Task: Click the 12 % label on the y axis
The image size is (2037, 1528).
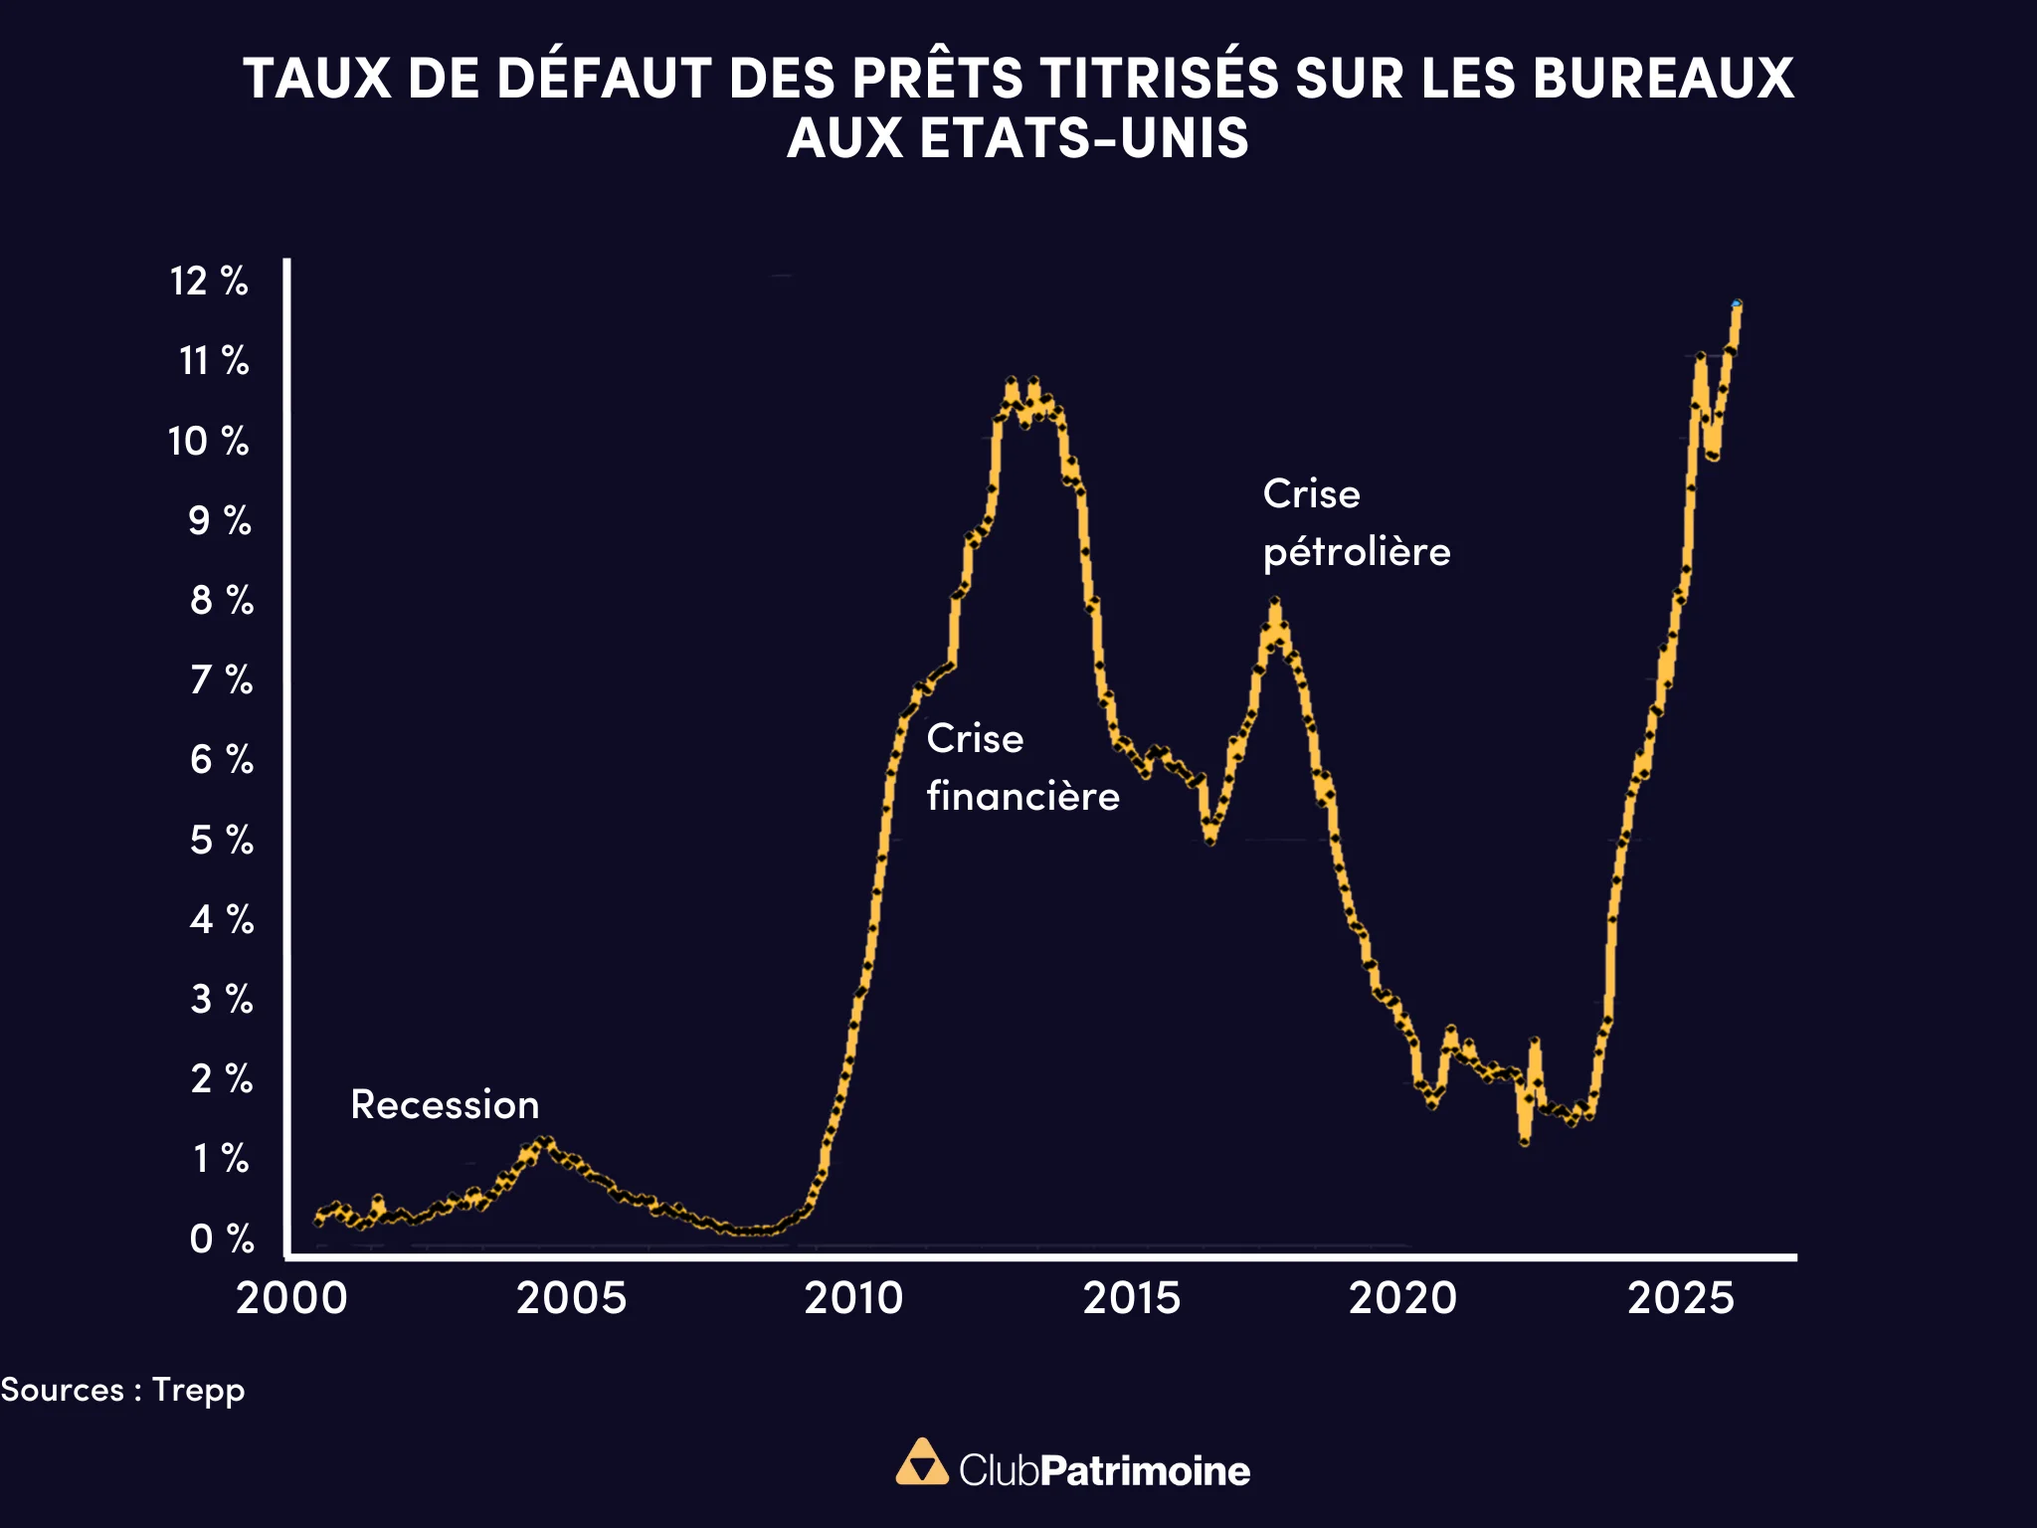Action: coord(209,282)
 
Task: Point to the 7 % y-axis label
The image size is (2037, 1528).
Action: coord(221,680)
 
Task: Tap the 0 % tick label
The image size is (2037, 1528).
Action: coord(221,1240)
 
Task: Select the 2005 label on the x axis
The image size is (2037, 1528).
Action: coord(571,1298)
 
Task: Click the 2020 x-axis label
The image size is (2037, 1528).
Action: coord(1402,1298)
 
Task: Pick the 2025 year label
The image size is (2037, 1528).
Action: coord(1681,1298)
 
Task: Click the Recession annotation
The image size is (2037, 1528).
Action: coord(445,1105)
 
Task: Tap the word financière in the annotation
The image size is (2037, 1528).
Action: coord(1022,797)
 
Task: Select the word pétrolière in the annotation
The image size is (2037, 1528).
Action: coord(1357,553)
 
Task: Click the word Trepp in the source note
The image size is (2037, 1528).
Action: coord(198,1390)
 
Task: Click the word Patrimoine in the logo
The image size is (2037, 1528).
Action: coord(1145,1471)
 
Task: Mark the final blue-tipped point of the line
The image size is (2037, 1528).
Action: coord(1737,303)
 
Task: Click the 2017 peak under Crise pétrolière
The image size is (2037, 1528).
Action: coord(1274,603)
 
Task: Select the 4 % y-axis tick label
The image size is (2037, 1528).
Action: coord(221,919)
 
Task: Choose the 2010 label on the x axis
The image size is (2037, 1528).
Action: coord(853,1298)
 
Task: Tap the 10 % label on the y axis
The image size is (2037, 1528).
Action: coord(208,442)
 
